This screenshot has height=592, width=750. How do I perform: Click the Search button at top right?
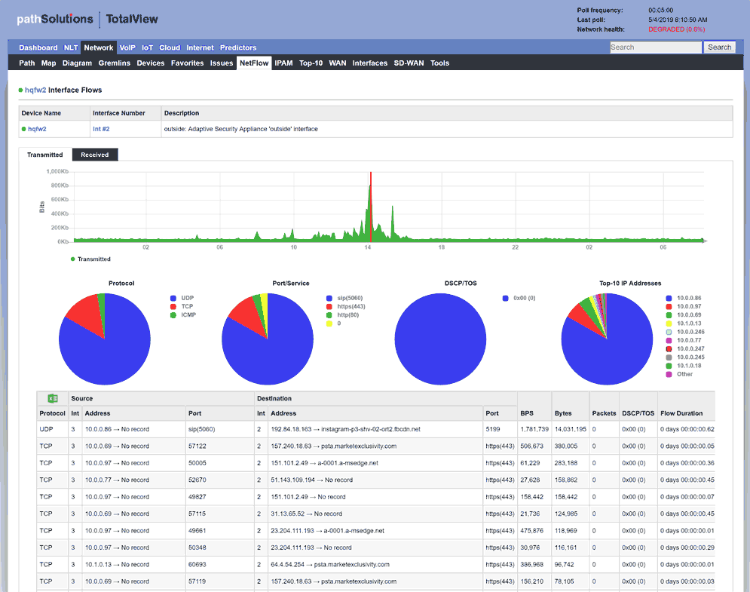click(719, 48)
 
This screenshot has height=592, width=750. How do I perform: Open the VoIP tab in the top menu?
click(127, 48)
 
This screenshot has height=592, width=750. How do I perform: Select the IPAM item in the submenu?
click(283, 63)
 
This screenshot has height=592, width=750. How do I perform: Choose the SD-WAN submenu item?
click(409, 63)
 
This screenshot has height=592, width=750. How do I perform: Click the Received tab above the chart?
click(95, 155)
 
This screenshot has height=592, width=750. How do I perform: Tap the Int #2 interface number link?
click(101, 129)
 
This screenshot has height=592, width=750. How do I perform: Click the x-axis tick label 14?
click(368, 247)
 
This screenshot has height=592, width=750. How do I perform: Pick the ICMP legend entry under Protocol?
click(188, 314)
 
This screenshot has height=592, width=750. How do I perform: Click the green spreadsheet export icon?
click(53, 398)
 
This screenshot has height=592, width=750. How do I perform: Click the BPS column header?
click(527, 413)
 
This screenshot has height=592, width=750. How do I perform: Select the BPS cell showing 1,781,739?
click(534, 429)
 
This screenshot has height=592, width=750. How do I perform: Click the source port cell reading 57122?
click(198, 446)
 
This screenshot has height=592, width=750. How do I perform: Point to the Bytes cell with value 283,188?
click(566, 463)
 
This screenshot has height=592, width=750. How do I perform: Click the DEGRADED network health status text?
click(676, 29)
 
